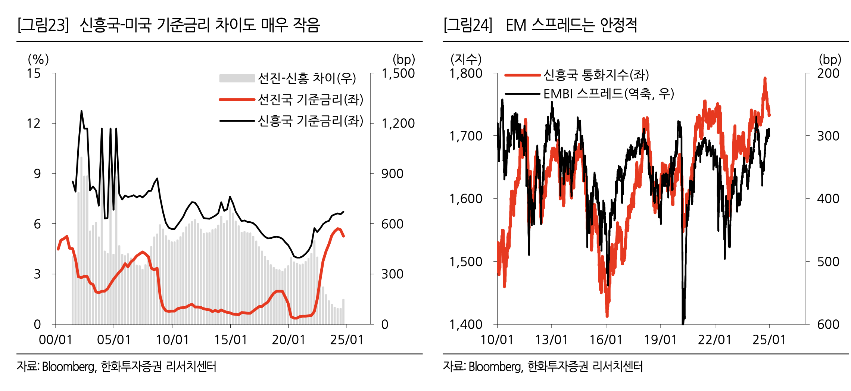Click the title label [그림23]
click(x=43, y=25)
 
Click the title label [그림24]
click(x=468, y=25)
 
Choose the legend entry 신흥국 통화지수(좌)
click(x=596, y=75)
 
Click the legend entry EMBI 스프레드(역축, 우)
click(x=608, y=93)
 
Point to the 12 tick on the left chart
click(x=34, y=123)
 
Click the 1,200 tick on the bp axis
click(x=398, y=123)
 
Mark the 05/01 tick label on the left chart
click(x=114, y=340)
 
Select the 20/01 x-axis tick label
click(x=289, y=340)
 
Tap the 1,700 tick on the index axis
click(x=466, y=136)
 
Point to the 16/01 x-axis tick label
click(x=606, y=340)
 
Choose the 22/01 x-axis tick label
click(x=715, y=340)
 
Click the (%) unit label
click(x=38, y=59)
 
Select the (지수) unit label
click(x=466, y=59)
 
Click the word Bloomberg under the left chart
click(x=69, y=367)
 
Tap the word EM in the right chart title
click(x=516, y=25)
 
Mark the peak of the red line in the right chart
click(x=765, y=78)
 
